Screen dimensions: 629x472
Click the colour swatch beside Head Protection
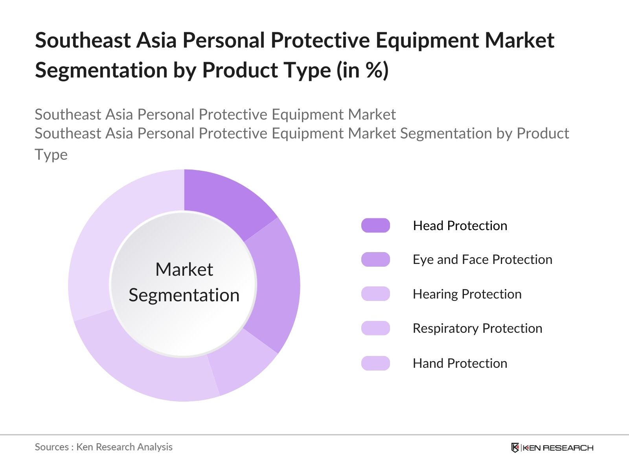(x=375, y=225)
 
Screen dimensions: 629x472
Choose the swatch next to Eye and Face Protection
(x=375, y=259)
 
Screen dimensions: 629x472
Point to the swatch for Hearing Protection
(x=375, y=294)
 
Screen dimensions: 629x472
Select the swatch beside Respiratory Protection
(x=375, y=328)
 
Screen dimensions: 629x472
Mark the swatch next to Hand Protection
(x=375, y=363)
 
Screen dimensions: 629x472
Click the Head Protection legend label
(x=460, y=225)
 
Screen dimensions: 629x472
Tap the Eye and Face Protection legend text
(x=483, y=260)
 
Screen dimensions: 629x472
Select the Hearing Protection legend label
(x=467, y=294)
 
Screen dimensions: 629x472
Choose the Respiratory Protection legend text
(x=477, y=328)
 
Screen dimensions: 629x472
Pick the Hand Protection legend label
(x=460, y=363)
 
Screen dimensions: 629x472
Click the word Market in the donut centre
(x=184, y=269)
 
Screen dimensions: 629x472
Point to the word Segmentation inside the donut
(x=184, y=295)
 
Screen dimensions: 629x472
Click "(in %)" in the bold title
(x=362, y=70)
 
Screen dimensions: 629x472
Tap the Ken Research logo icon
(x=515, y=448)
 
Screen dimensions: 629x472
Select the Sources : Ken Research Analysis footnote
(x=103, y=447)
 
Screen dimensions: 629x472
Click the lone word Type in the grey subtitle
(x=51, y=155)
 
